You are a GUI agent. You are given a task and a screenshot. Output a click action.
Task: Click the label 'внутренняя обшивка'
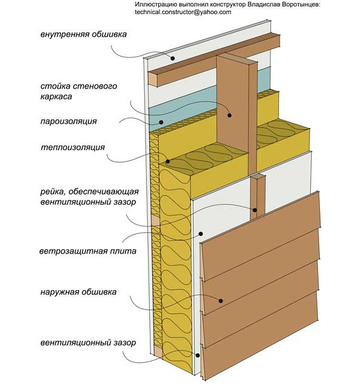pos(83,34)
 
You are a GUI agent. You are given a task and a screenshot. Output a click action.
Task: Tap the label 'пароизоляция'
pos(68,121)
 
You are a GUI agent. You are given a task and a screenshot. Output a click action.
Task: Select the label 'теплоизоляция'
pos(72,148)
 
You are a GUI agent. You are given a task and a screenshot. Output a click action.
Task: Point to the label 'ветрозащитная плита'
pos(88,251)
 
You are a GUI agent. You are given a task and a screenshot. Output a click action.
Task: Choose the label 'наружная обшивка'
pos(79,292)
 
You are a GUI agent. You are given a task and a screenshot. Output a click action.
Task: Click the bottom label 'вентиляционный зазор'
pos(88,343)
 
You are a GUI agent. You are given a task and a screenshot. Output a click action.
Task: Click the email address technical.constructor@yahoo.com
pos(183,12)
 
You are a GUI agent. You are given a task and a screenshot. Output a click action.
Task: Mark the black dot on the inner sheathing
pos(173,59)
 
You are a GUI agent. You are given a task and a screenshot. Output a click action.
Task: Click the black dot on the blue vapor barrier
pos(161,122)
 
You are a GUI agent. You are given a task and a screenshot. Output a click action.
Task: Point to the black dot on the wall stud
pos(229,115)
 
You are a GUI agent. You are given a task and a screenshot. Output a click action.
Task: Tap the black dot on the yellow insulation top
pos(168,161)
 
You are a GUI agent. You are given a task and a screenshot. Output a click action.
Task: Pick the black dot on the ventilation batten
pos(255,210)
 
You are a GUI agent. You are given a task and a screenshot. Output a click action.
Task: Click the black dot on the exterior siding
pos(221,300)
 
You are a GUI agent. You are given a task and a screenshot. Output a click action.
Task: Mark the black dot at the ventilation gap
pos(197,355)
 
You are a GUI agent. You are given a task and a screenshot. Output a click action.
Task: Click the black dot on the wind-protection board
pos(200,233)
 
